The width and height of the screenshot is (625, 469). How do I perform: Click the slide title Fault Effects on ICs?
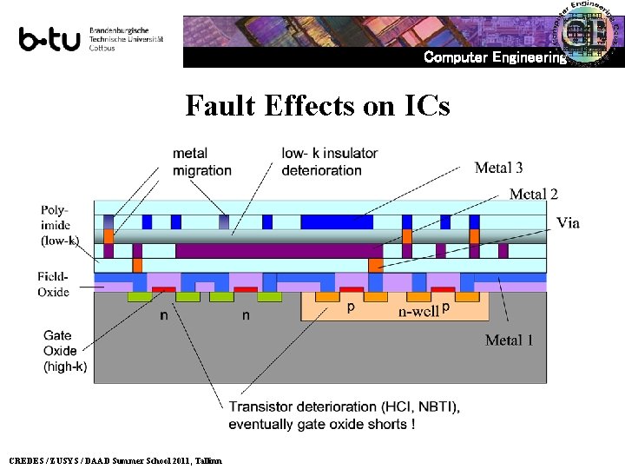(318, 106)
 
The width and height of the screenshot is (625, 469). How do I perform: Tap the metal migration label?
(202, 162)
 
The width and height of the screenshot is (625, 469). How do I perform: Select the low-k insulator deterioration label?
(330, 162)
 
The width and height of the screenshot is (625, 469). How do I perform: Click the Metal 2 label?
(533, 194)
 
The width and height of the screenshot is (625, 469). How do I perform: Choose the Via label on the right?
(568, 223)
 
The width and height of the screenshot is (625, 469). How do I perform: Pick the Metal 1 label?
(510, 340)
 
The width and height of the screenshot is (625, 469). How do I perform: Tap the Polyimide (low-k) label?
(60, 224)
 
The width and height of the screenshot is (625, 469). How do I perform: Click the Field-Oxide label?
(53, 284)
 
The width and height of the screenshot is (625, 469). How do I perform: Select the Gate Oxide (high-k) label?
(65, 351)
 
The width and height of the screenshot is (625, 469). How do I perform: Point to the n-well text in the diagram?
(418, 311)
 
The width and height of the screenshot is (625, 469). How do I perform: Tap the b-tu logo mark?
(49, 40)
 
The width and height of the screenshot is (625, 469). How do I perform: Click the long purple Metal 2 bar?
(279, 251)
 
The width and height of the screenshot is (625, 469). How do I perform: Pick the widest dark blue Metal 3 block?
(337, 221)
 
